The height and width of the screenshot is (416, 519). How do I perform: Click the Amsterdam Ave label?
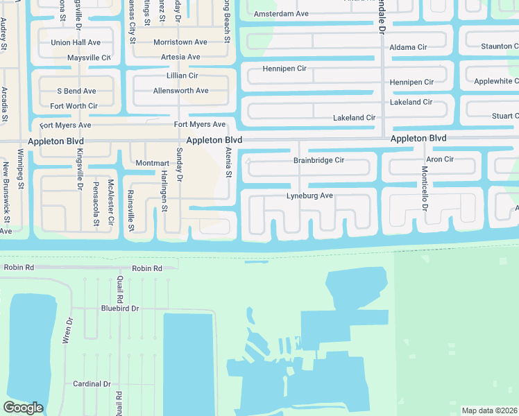[281, 13]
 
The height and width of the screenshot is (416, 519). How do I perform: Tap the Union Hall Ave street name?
[76, 42]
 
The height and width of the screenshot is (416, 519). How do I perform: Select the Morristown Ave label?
[180, 42]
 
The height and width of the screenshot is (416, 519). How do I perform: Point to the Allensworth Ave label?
[180, 91]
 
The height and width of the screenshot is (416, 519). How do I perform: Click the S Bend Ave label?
[76, 91]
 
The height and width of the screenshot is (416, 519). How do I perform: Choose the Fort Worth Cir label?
[74, 106]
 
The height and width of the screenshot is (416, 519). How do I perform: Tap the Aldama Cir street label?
[408, 47]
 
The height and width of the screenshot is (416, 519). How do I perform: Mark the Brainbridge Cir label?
[318, 160]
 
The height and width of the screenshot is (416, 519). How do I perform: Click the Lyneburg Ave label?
[309, 196]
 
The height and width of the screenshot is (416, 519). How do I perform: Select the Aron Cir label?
[440, 159]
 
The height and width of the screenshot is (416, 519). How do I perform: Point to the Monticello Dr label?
[424, 189]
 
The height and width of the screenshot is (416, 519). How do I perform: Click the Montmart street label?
[152, 163]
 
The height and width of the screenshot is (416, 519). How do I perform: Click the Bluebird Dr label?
[120, 308]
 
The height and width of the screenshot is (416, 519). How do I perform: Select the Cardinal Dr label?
[92, 384]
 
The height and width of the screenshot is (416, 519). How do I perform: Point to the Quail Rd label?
[120, 287]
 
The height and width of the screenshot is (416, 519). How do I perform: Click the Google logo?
[23, 408]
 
